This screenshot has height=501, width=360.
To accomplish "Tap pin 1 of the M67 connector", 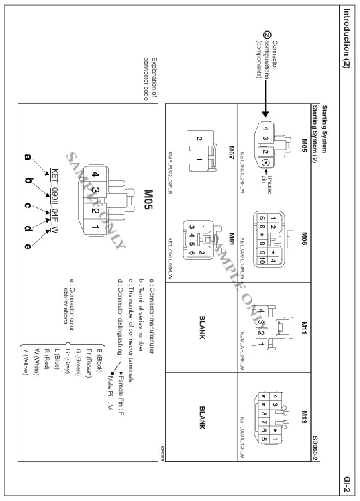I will click(200, 159).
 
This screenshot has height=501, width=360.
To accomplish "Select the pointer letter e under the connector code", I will click(27, 246).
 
